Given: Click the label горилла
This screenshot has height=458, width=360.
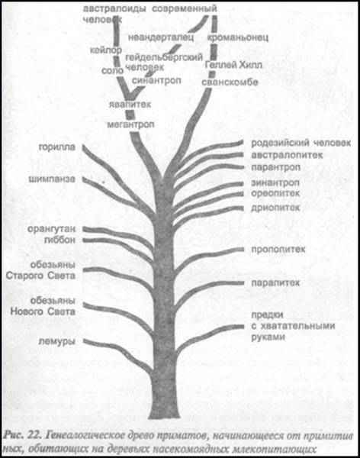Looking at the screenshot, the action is (x=57, y=147).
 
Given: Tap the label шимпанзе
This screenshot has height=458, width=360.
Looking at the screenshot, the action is (x=52, y=179).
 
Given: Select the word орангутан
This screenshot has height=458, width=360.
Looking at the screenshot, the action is (x=51, y=229).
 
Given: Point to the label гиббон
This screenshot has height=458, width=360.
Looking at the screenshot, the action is (x=59, y=240).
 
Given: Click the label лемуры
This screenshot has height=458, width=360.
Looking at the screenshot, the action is (x=57, y=341).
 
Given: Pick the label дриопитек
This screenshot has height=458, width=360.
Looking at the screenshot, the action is (x=275, y=208).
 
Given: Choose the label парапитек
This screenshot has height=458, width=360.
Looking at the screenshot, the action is (x=275, y=282).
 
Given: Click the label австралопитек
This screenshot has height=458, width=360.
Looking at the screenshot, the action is (x=287, y=155).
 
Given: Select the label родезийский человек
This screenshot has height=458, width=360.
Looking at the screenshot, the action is (x=301, y=143).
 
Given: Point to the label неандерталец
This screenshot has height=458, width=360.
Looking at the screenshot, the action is (x=161, y=37).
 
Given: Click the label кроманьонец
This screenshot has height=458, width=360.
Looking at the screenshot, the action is (x=238, y=37).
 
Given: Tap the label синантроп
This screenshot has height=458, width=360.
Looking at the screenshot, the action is (x=156, y=80).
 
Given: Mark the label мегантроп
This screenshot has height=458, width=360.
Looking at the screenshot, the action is (x=130, y=124).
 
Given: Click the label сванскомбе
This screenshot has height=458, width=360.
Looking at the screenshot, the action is (x=230, y=82).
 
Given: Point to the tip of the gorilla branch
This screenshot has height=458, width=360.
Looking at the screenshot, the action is (x=83, y=147).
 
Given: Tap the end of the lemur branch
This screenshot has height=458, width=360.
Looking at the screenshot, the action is (x=85, y=341).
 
